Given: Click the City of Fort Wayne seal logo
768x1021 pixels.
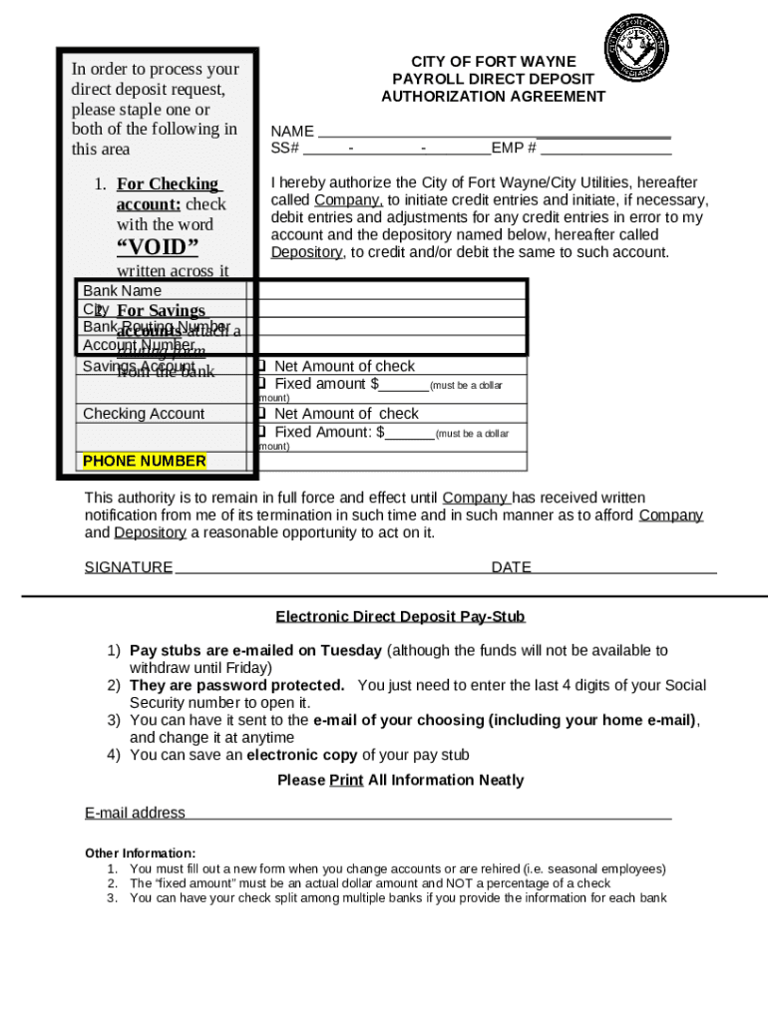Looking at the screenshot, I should click(635, 49).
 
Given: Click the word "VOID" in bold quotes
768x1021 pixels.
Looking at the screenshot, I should click(158, 247).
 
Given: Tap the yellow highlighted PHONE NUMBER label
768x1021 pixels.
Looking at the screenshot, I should click(145, 461).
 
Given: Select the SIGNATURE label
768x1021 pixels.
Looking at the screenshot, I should click(129, 567).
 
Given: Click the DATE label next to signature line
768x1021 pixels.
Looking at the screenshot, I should click(511, 567).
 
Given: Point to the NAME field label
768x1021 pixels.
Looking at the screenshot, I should click(292, 132).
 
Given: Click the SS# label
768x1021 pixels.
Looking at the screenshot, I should click(285, 149).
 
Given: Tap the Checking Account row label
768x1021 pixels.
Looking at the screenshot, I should click(144, 414).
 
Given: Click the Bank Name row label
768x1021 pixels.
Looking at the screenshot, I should click(122, 291).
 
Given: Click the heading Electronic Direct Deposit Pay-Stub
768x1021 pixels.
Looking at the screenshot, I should click(400, 617).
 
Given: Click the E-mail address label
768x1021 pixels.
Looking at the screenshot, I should click(135, 813).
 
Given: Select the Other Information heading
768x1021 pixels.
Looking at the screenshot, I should click(141, 853).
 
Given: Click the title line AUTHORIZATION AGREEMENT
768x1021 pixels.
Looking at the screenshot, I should click(493, 97).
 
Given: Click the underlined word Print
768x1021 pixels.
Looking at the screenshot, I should click(346, 780).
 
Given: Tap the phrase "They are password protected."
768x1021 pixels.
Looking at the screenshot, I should click(237, 686).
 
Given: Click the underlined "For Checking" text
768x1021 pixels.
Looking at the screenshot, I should click(168, 184).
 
